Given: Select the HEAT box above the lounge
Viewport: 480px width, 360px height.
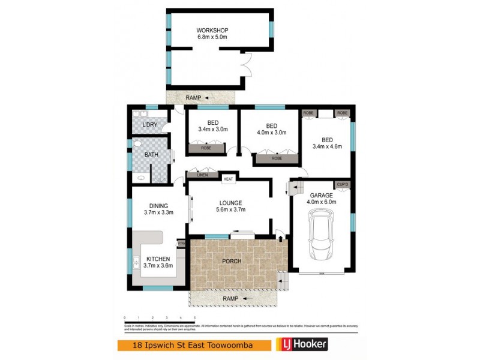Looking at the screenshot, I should click(228, 178).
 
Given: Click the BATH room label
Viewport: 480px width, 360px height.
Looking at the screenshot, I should click(152, 154).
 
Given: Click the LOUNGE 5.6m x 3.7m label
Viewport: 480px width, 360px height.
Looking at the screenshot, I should click(231, 205).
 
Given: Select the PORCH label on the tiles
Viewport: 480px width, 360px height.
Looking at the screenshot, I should click(232, 261).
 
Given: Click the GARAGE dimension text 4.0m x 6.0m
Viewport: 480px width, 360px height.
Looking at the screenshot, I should click(322, 202).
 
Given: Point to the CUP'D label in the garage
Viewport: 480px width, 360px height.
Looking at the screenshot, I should click(343, 184).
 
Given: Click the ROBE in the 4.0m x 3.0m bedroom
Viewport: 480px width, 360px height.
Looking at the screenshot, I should click(277, 159).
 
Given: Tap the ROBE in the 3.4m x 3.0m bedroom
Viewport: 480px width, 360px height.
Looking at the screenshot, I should click(206, 147).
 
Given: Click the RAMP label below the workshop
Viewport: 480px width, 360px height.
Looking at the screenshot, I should click(193, 97).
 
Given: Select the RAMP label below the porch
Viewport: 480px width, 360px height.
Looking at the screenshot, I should click(230, 298).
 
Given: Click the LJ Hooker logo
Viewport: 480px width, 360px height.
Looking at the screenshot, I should click(301, 345).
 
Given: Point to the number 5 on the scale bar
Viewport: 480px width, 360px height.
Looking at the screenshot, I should click(194, 317).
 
